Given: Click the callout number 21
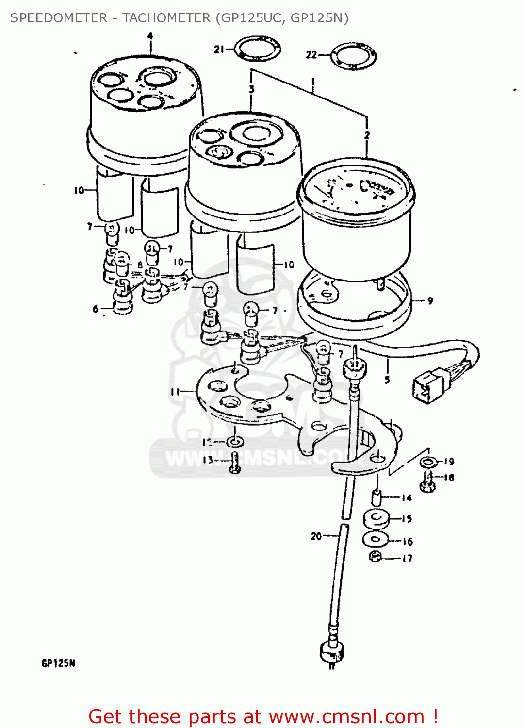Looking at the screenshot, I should pyautogui.click(x=219, y=50).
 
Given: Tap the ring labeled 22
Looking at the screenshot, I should pyautogui.click(x=353, y=56).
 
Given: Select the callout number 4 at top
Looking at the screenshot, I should pyautogui.click(x=150, y=36).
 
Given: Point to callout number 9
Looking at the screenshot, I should pyautogui.click(x=430, y=301).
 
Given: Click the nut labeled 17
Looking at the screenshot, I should pyautogui.click(x=375, y=556).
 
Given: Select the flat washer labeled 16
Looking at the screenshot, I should pyautogui.click(x=376, y=539).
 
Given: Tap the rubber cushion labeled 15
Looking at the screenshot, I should pyautogui.click(x=376, y=518).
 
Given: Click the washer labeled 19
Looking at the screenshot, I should pyautogui.click(x=428, y=461).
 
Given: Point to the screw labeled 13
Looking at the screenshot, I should pyautogui.click(x=235, y=463).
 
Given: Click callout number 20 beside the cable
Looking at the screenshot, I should pyautogui.click(x=316, y=536).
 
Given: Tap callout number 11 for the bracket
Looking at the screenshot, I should pyautogui.click(x=175, y=392).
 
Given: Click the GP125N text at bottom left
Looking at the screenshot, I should pyautogui.click(x=58, y=663).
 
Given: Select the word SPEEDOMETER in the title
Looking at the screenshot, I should pyautogui.click(x=59, y=18).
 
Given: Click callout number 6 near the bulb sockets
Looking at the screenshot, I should pyautogui.click(x=95, y=309).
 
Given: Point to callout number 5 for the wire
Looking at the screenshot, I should pyautogui.click(x=387, y=380).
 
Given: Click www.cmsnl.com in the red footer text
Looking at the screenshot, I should pyautogui.click(x=346, y=717).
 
